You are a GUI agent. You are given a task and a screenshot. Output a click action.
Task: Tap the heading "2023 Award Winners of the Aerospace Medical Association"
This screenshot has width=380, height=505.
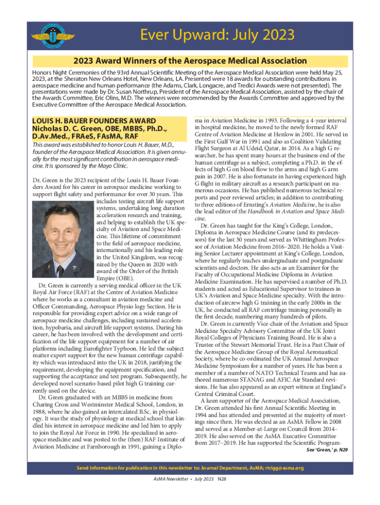point(190,61)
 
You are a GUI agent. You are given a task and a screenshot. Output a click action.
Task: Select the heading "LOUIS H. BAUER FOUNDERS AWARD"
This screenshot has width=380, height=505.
point(94,121)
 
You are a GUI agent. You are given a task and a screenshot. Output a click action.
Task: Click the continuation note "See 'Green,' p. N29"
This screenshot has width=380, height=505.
point(327,450)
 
